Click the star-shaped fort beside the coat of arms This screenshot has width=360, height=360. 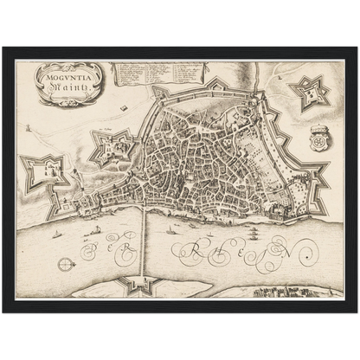pyautogui.click(x=309, y=91)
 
